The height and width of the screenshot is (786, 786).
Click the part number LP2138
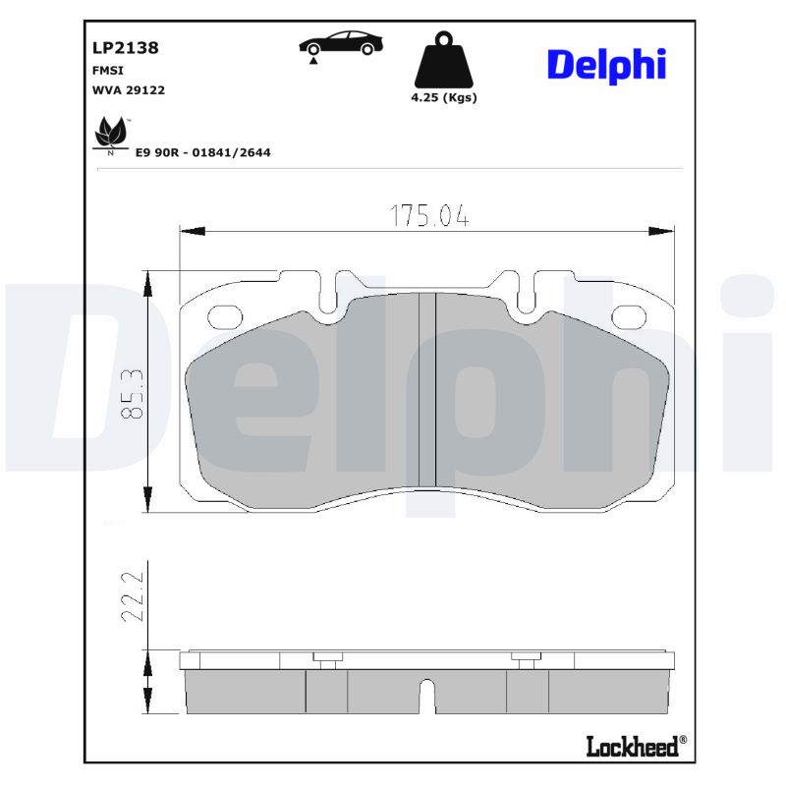[x=125, y=46]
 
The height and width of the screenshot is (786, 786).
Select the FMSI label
[x=108, y=70]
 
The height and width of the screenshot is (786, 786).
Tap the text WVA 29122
[x=128, y=89]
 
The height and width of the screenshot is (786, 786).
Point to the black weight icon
[x=442, y=61]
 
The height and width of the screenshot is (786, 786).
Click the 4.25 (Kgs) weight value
[x=443, y=98]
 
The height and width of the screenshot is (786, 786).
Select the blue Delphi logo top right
[x=606, y=65]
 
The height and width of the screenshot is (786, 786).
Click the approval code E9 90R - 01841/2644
[x=202, y=152]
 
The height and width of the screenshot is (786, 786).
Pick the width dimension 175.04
[x=428, y=216]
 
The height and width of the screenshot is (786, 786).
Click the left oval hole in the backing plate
[x=227, y=316]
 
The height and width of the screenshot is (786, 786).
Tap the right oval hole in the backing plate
[x=628, y=316]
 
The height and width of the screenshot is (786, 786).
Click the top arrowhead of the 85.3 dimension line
[x=148, y=283]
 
